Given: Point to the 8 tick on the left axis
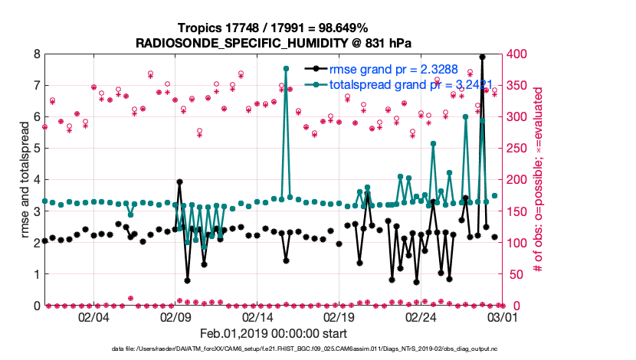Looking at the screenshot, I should tap(36, 54).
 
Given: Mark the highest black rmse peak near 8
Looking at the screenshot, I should tap(482, 56).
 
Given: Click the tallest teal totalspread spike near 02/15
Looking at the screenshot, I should tap(286, 68).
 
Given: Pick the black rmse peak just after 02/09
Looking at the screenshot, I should tap(179, 182).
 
